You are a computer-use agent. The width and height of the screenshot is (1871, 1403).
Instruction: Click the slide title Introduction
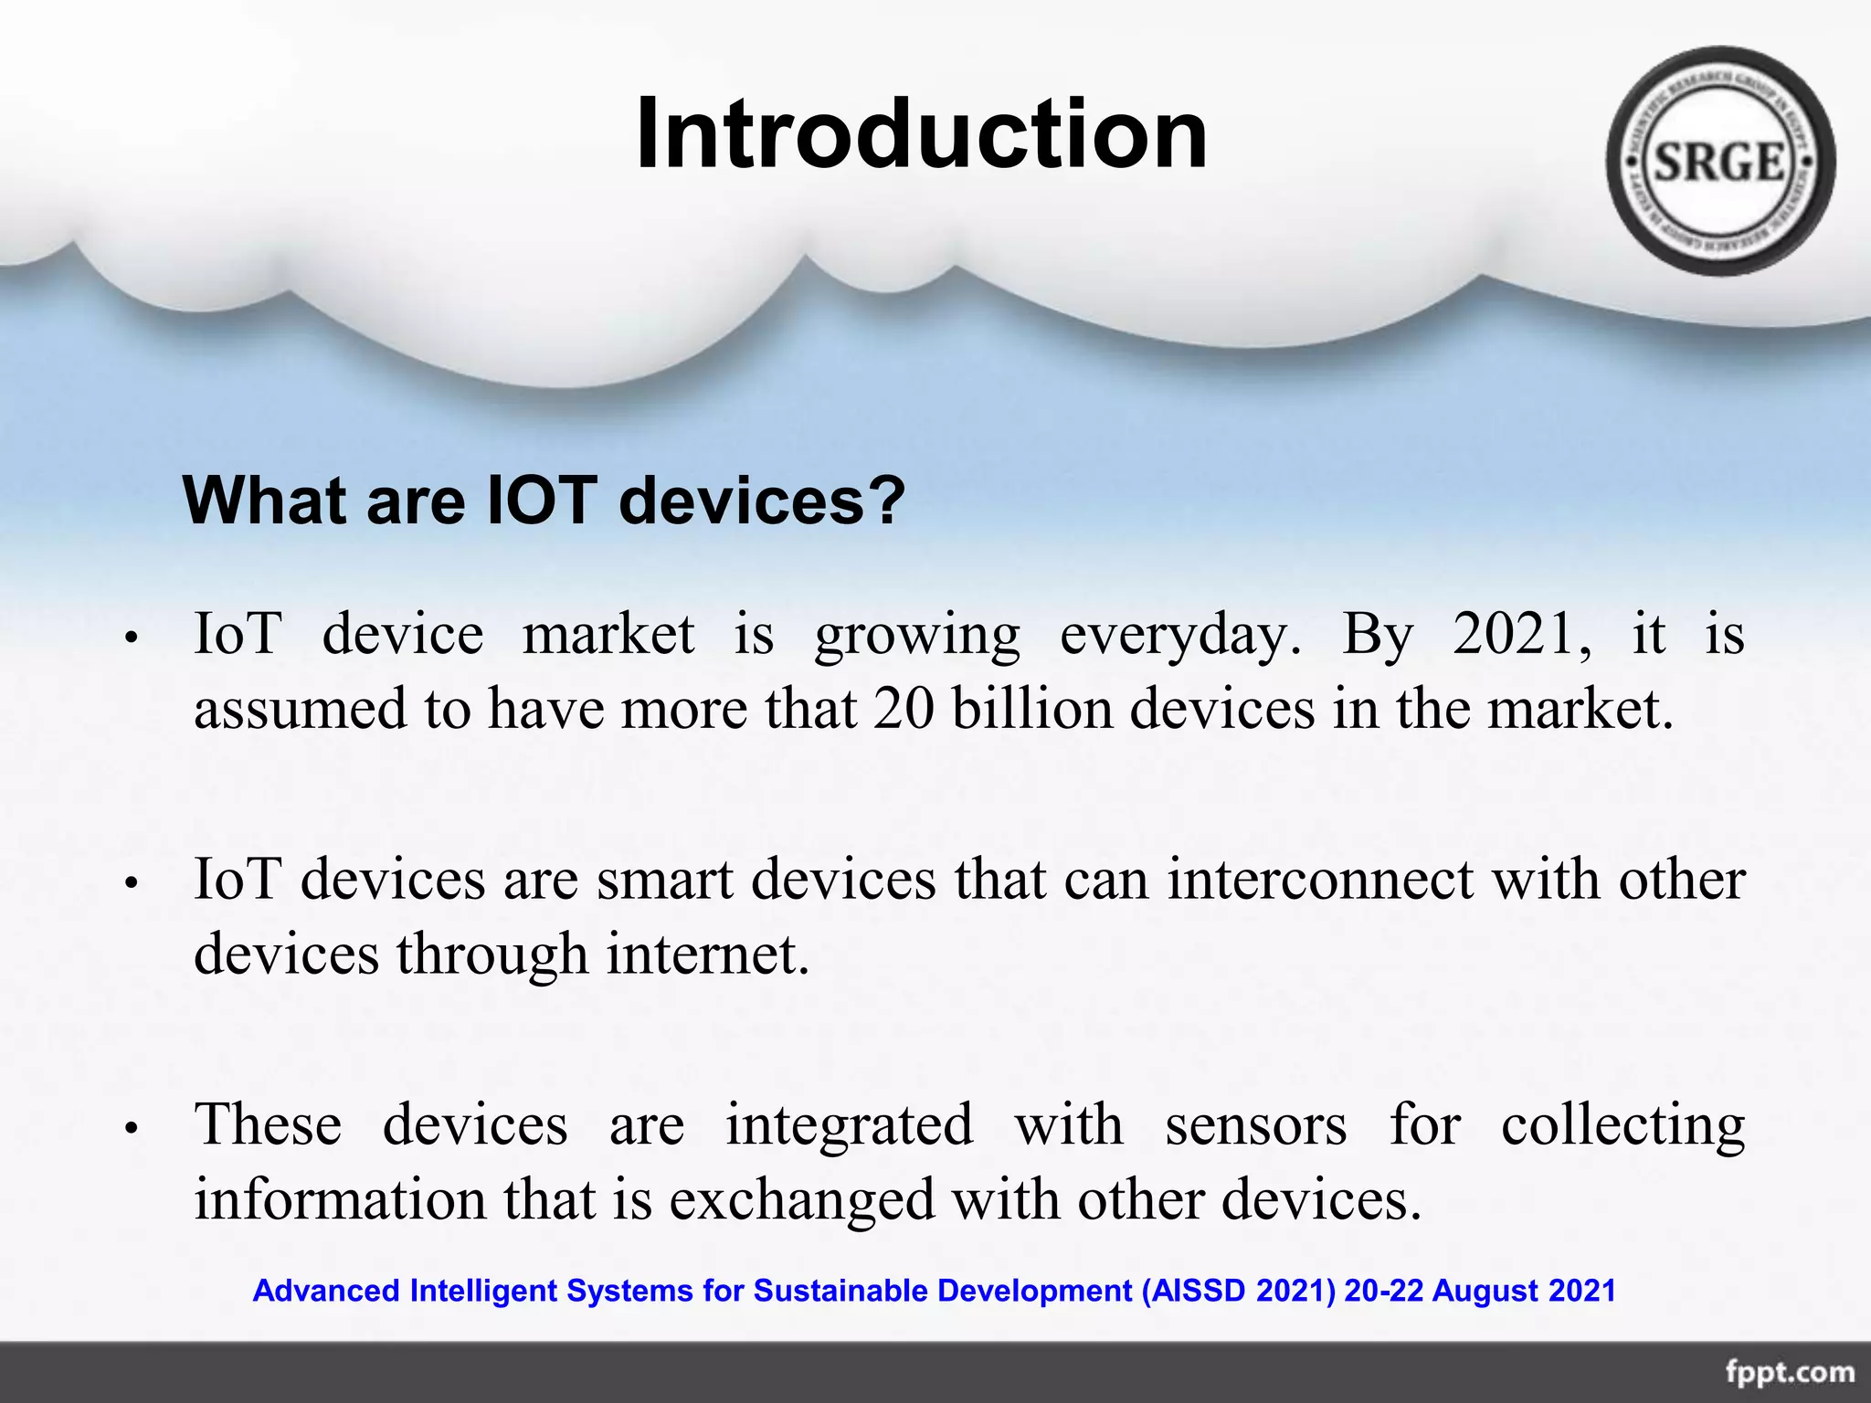pos(921,134)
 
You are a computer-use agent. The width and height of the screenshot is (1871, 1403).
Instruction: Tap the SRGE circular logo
pos(1719,162)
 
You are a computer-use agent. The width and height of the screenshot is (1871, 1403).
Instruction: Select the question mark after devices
pos(884,501)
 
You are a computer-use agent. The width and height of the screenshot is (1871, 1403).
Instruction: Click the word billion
pos(1032,709)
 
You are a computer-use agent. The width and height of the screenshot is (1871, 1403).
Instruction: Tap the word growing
pos(917,637)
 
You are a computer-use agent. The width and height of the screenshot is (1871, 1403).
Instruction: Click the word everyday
pos(1179,637)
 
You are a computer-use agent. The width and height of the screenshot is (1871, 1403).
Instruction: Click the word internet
pos(708,955)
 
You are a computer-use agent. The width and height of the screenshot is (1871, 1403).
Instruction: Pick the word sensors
pos(1255,1125)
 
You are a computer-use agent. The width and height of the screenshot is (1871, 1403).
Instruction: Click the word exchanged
pos(802,1201)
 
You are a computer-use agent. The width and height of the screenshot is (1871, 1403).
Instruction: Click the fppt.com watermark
pos(1789,1372)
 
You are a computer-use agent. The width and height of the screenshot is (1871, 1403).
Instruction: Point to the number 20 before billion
pos(904,709)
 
